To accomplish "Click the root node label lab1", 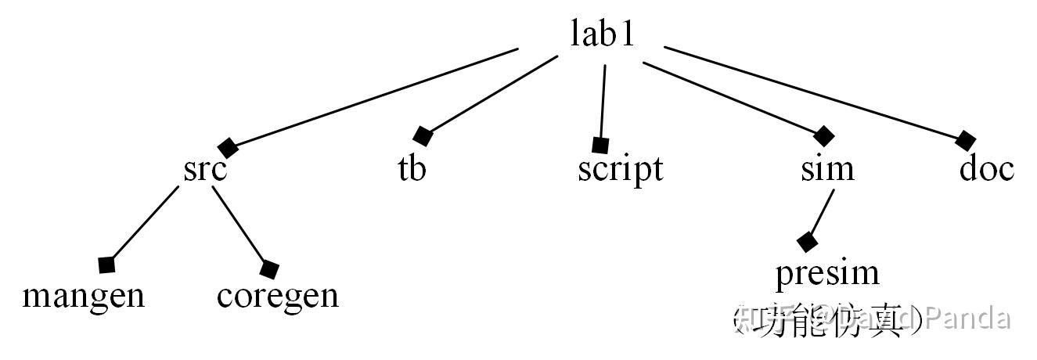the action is pos(602,35).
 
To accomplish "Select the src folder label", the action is pos(205,169).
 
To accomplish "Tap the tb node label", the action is pos(412,169).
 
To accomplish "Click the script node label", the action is pos(620,169).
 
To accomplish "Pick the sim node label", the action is pos(827,169).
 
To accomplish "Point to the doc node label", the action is pos(986,169).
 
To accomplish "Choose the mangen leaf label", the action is pos(83,296).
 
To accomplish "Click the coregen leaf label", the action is pos(278,296).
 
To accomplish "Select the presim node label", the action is pos(827,273).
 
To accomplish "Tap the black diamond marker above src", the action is pos(228,146).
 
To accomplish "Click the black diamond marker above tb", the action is pos(423,136).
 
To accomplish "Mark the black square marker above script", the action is pos(600,145).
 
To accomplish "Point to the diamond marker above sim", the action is pos(823,135).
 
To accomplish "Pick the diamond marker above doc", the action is pos(966,141).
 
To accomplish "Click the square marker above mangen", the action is pos(107,265).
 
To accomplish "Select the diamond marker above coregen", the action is pos(269,270).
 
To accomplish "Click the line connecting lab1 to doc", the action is pos(814,95).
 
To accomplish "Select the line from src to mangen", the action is pos(145,223).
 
